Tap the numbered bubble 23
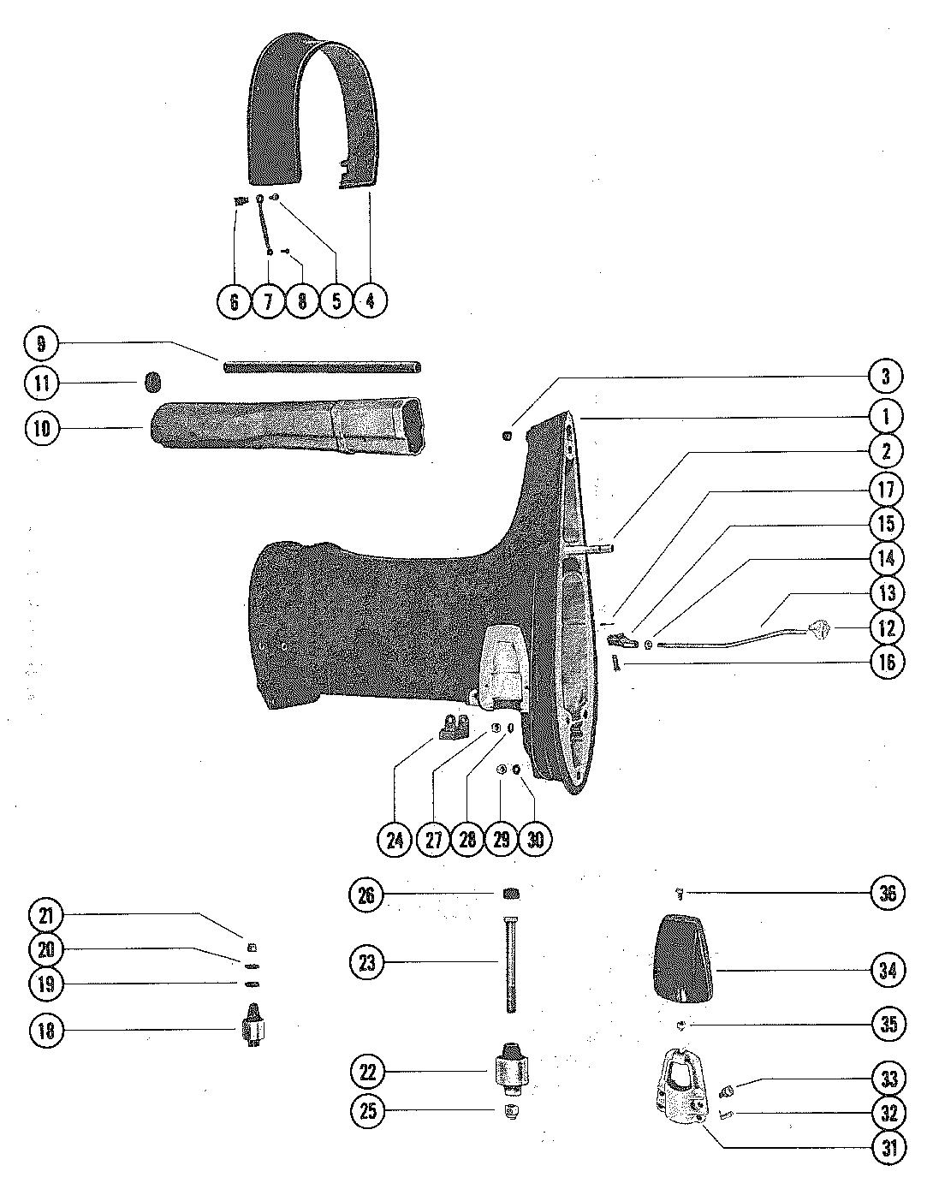pos(367,963)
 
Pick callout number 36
pos(887,894)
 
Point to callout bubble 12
pos(887,627)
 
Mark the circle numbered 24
pos(395,839)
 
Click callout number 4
pos(370,300)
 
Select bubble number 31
pos(887,1149)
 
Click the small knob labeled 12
pos(822,631)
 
